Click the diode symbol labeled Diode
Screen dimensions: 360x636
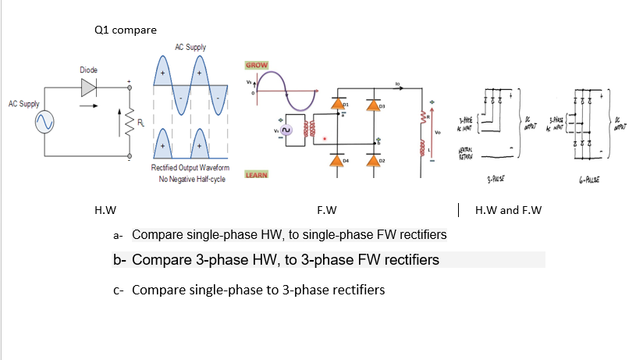pyautogui.click(x=87, y=87)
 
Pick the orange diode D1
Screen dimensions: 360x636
pyautogui.click(x=338, y=105)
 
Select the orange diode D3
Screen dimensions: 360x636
pyautogui.click(x=375, y=105)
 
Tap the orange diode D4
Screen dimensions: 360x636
pyautogui.click(x=338, y=160)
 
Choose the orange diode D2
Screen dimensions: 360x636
pyautogui.click(x=375, y=160)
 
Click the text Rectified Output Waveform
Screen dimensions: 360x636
pyautogui.click(x=190, y=169)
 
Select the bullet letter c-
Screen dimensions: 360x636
pyautogui.click(x=119, y=290)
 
